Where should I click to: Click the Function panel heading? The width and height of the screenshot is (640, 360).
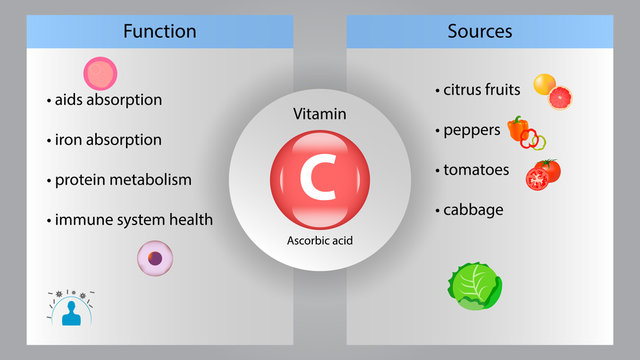coord(159,31)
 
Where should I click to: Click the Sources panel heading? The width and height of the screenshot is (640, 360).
coord(479,31)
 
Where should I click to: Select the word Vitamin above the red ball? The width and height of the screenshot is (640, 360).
coord(319,115)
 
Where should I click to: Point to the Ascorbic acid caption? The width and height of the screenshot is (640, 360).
coord(319,240)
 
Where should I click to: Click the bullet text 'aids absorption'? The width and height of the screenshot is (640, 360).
coord(107,100)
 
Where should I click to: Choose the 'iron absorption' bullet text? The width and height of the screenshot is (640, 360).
coord(107,140)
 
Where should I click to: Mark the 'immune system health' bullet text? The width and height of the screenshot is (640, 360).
coord(133,219)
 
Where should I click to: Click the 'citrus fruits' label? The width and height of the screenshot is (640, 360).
coord(481,90)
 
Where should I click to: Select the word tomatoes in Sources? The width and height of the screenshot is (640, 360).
coord(475,170)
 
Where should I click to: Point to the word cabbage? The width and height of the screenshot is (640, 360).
coord(472,210)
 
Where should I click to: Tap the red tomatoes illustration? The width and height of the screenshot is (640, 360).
coord(543,174)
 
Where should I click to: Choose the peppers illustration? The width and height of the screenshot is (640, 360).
coord(524,132)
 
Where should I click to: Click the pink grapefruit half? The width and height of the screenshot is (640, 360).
coord(561,98)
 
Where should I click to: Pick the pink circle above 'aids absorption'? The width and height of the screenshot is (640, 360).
coord(100,72)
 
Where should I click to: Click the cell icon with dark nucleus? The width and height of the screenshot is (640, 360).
coord(154,258)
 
